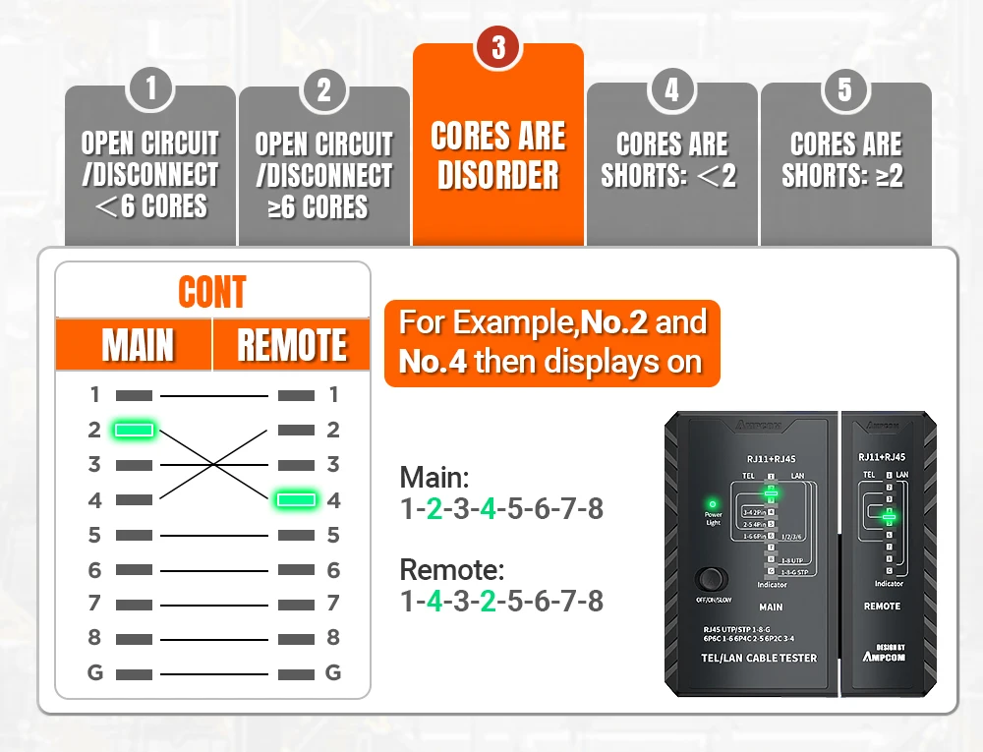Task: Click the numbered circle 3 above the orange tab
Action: [x=498, y=48]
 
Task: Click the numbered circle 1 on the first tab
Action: [x=150, y=89]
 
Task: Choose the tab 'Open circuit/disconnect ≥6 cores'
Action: [x=323, y=175]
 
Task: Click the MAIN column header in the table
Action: [x=138, y=346]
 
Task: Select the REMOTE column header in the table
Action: [x=292, y=346]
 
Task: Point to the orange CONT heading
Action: [x=212, y=292]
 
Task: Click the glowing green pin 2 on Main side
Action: [x=134, y=430]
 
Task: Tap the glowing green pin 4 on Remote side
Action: [x=296, y=500]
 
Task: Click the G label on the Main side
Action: [x=94, y=673]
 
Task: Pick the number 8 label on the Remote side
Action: [x=333, y=637]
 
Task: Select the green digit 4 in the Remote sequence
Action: [x=434, y=602]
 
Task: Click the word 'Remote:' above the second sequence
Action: [x=451, y=570]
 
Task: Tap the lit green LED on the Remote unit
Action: [x=889, y=515]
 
